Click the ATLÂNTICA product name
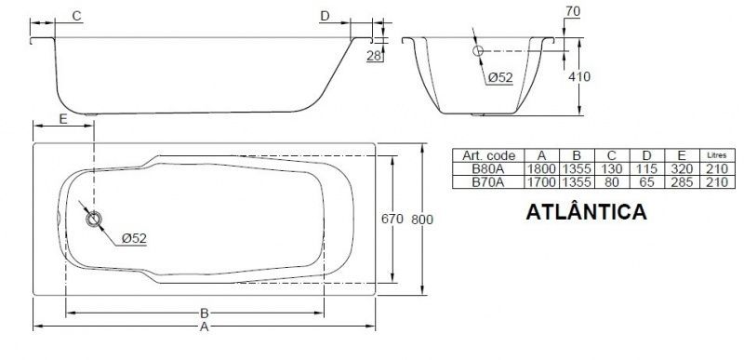(x=586, y=211)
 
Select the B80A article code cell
(x=487, y=169)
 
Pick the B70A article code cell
(x=487, y=182)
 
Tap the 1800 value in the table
(x=541, y=169)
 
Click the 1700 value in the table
(x=541, y=182)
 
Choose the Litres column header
(x=716, y=155)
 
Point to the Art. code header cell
(x=489, y=155)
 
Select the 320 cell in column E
(x=682, y=169)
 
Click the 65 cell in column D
(x=646, y=182)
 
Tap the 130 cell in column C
(x=612, y=169)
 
